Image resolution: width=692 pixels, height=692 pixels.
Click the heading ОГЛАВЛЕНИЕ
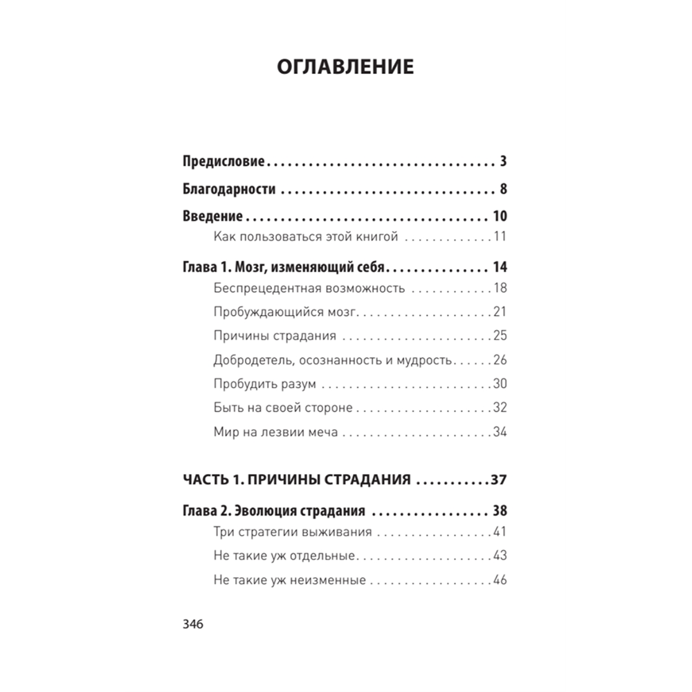coord(345,67)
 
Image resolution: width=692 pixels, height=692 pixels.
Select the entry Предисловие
coord(224,163)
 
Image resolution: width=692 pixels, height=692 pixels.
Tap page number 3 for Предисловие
coord(503,163)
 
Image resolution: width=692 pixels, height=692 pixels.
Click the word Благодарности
coord(229,190)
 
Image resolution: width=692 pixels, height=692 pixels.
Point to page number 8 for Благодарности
coord(503,190)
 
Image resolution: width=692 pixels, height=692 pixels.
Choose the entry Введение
coord(212,215)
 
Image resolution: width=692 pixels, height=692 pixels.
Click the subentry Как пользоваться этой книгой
coord(306,237)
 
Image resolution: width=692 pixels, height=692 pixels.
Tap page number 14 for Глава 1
coord(500,267)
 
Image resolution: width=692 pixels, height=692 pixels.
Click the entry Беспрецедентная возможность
coord(309,289)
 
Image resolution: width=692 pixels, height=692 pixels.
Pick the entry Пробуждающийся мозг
coord(286,312)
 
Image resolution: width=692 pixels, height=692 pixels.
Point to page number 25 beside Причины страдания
coord(500,336)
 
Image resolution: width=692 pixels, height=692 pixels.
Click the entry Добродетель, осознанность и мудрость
coord(334,361)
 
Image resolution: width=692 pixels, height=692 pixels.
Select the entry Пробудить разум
coord(265,384)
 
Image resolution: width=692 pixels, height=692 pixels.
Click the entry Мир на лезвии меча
coord(276,432)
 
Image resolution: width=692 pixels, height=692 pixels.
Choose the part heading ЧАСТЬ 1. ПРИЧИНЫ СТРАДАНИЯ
coord(298,479)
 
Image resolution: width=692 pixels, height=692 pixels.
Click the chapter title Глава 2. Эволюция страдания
coord(274,512)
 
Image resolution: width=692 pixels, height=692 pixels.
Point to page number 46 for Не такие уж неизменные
coord(500,580)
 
